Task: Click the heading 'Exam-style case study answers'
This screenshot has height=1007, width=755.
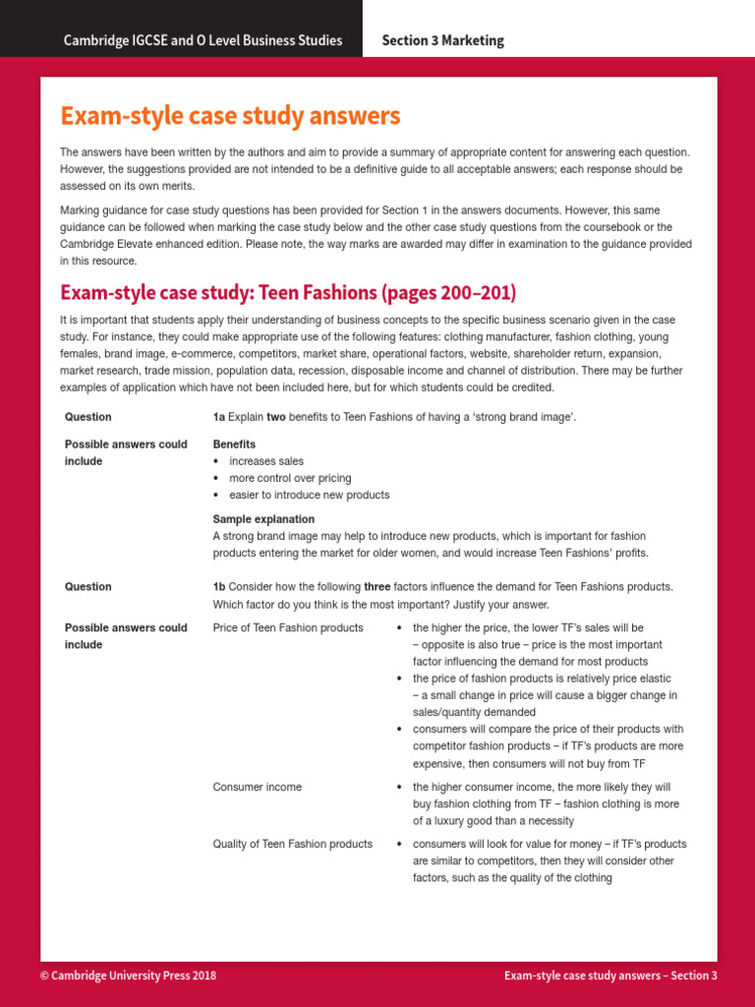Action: (x=230, y=116)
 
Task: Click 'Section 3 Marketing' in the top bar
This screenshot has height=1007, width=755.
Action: (x=442, y=40)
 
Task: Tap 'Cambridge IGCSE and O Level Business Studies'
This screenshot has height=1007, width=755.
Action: (x=203, y=40)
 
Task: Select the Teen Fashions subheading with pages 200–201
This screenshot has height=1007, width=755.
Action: (x=288, y=293)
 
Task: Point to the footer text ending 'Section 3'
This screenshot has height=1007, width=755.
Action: (x=610, y=976)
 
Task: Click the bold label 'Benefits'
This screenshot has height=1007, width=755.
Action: (x=234, y=444)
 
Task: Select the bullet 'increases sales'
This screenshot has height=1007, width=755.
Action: (x=265, y=461)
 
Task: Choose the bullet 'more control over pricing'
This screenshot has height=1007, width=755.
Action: (x=289, y=478)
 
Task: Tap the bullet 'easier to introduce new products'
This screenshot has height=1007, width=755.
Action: (x=309, y=495)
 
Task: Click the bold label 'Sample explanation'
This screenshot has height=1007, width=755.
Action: (x=263, y=519)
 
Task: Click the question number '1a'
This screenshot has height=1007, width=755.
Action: (x=219, y=417)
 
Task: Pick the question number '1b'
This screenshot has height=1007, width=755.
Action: (x=219, y=587)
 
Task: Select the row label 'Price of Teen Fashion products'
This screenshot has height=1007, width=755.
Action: (x=288, y=627)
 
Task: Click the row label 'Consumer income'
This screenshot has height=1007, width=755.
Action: (x=258, y=787)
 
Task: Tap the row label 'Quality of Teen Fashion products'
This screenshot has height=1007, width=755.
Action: (x=293, y=844)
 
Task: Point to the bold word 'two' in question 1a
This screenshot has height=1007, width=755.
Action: (x=276, y=417)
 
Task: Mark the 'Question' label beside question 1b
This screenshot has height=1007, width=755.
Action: (x=88, y=587)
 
